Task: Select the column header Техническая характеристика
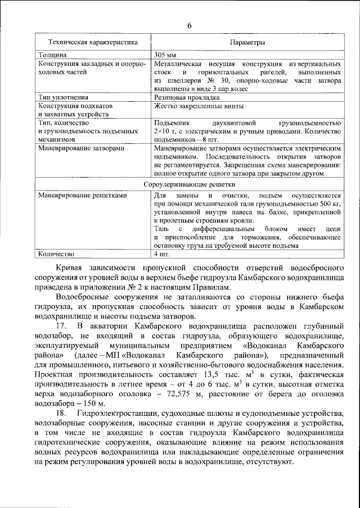click(x=92, y=43)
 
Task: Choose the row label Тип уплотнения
click(x=63, y=97)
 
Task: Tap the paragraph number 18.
click(x=62, y=415)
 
